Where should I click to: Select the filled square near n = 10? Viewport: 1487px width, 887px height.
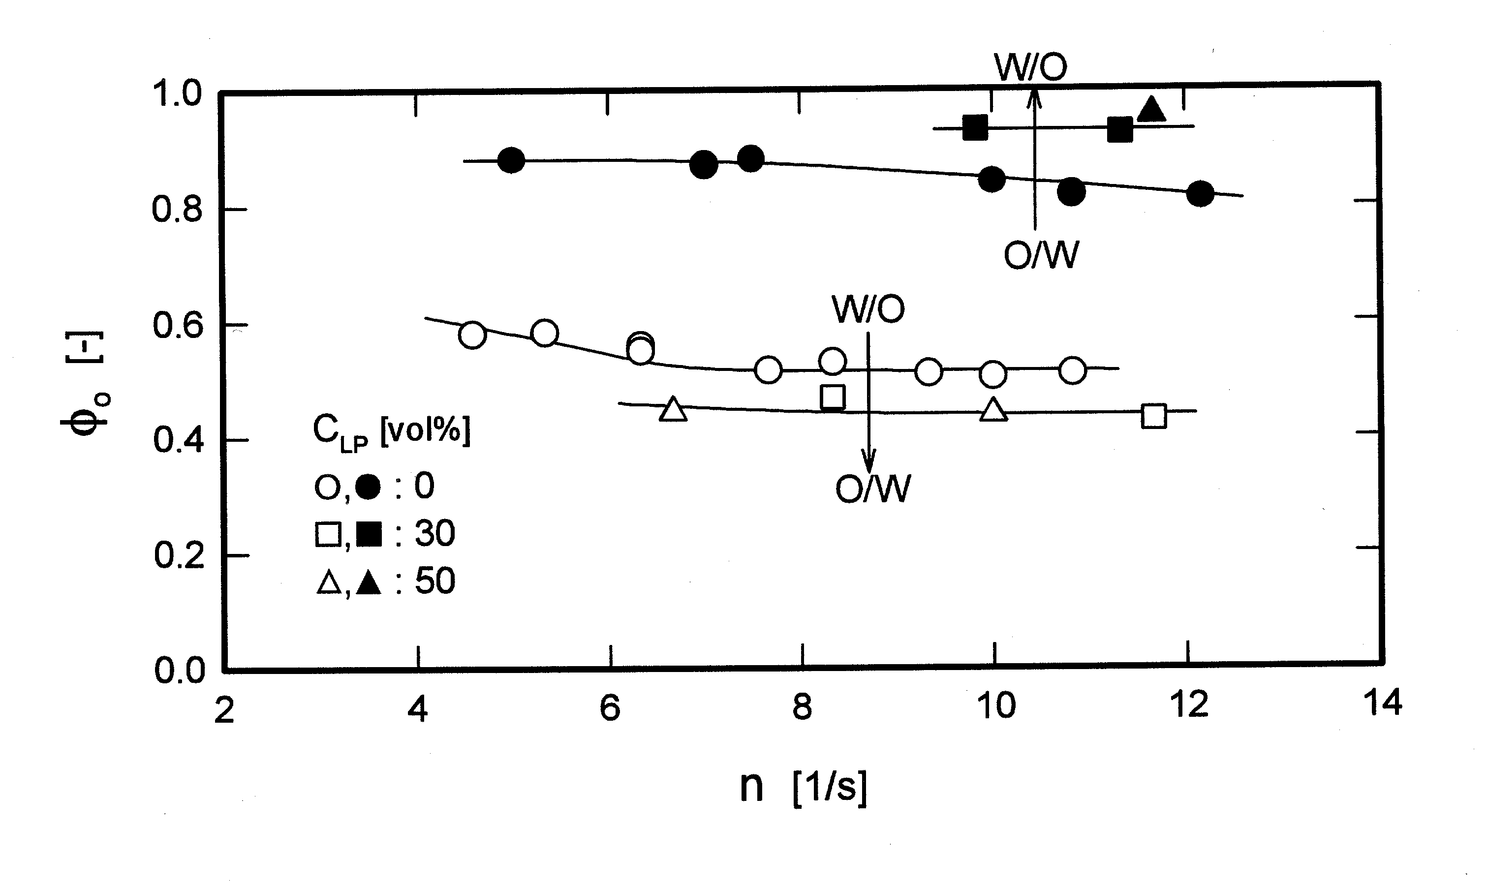point(975,128)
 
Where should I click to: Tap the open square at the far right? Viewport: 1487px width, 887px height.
point(1153,416)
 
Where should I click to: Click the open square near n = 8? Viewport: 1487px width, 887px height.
point(833,397)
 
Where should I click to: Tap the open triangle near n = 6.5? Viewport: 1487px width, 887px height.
point(673,409)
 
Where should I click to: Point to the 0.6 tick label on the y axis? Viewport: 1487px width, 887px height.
point(178,326)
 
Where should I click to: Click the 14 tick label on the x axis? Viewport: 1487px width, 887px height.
point(1382,703)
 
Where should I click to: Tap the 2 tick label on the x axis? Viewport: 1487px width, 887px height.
point(224,711)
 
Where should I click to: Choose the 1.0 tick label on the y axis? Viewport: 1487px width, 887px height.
point(178,94)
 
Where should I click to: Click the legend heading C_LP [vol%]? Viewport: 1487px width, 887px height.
point(392,431)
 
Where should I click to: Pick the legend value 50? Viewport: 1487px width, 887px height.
point(434,581)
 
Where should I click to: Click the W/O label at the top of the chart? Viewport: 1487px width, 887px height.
point(1030,67)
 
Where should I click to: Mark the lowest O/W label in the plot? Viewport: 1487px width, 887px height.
point(872,489)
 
